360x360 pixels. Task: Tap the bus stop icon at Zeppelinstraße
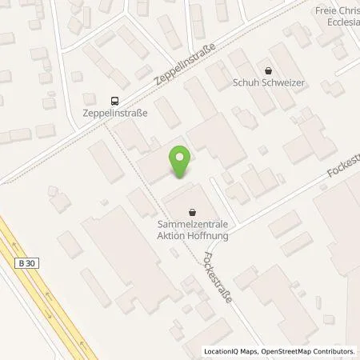point(115,100)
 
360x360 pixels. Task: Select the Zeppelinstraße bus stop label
point(115,114)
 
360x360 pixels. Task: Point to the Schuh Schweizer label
point(268,82)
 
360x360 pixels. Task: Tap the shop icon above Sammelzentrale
point(192,212)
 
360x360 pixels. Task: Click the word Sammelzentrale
point(192,225)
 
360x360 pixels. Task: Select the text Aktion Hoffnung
point(192,235)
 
